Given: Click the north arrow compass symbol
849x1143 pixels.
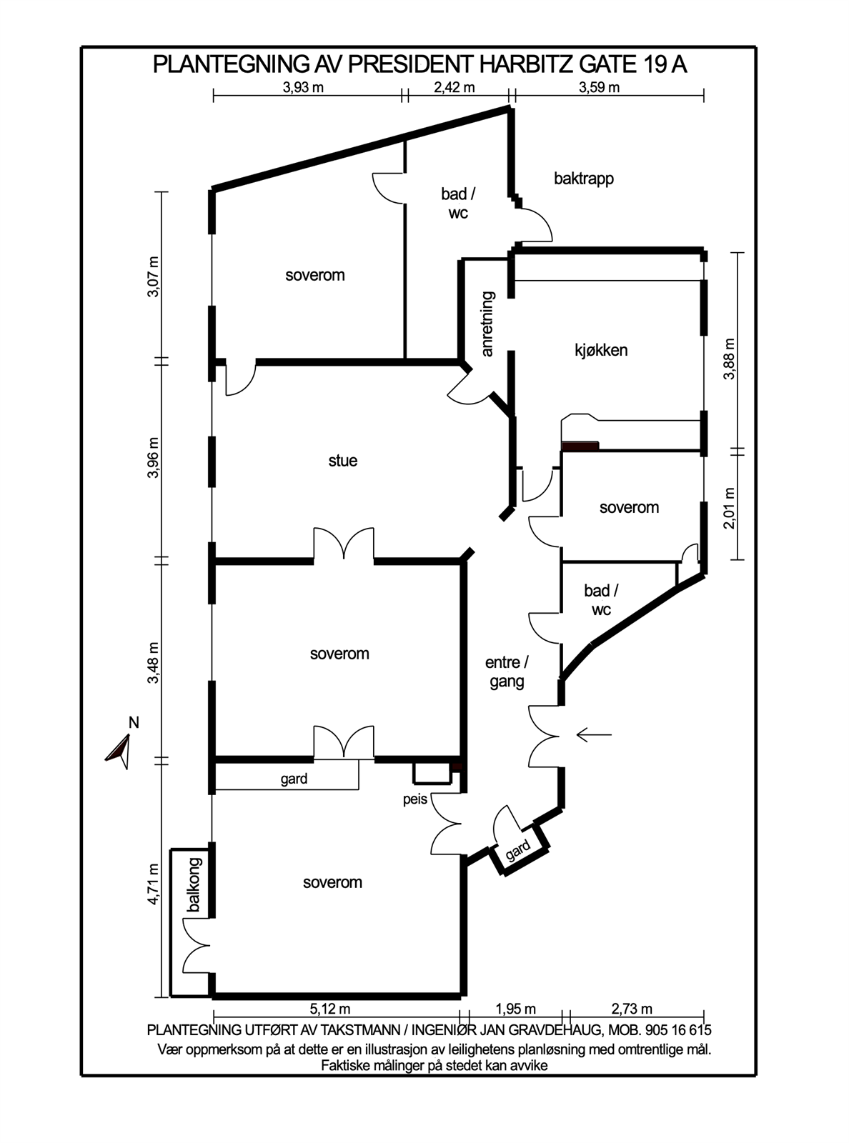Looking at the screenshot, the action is coord(119,753).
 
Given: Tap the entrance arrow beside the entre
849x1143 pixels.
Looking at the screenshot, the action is coord(594,734).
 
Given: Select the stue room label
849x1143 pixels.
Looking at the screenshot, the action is coord(343,461).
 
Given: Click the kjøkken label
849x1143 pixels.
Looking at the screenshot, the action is coord(601,351).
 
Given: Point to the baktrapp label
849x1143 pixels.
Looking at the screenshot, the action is coord(584,179).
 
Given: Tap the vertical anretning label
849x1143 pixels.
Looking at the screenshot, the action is coord(487,324).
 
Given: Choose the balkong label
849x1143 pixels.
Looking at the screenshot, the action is coord(194,884).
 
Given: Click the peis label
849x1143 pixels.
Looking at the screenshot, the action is coord(415,800).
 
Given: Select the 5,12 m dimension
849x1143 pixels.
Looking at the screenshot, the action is coord(329,1008).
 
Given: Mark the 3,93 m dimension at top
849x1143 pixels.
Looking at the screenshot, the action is coord(303,88).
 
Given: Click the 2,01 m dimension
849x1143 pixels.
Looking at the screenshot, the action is coord(729,508).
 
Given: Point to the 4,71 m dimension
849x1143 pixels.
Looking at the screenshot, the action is coord(154,884).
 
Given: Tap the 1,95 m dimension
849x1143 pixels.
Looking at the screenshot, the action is coord(515,1008).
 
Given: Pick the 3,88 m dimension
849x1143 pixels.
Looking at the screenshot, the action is coord(729,359).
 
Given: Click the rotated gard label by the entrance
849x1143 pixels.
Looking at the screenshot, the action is coord(517,850).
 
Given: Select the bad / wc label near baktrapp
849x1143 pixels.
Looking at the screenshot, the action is coord(458,203).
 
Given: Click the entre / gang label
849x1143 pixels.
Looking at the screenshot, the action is coord(507,672).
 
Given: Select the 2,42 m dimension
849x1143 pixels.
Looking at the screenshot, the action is coord(454,88).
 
